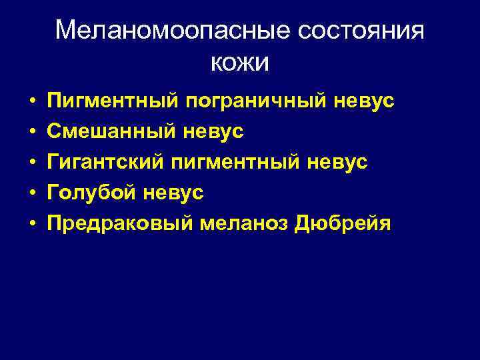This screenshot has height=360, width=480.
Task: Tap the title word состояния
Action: tap(360, 31)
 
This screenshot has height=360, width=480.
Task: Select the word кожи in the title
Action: tap(240, 63)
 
